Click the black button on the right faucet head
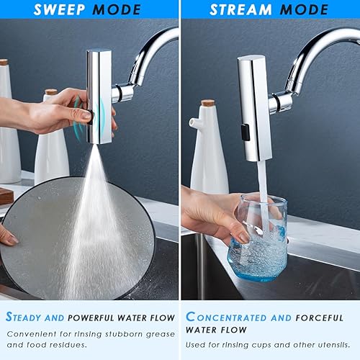[246, 132]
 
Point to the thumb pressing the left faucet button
[81, 114]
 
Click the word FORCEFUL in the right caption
[324, 317]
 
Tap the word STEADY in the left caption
[28, 317]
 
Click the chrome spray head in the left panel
[99, 94]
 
